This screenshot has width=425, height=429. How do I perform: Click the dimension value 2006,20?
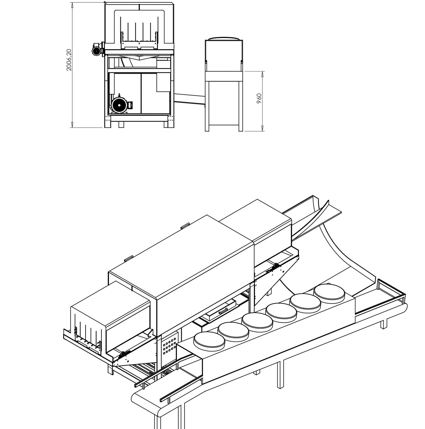click(69, 60)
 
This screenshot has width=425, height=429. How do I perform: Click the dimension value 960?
click(260, 98)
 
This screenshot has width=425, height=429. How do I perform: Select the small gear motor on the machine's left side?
click(97, 49)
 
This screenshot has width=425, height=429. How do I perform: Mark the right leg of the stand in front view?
click(241, 106)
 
